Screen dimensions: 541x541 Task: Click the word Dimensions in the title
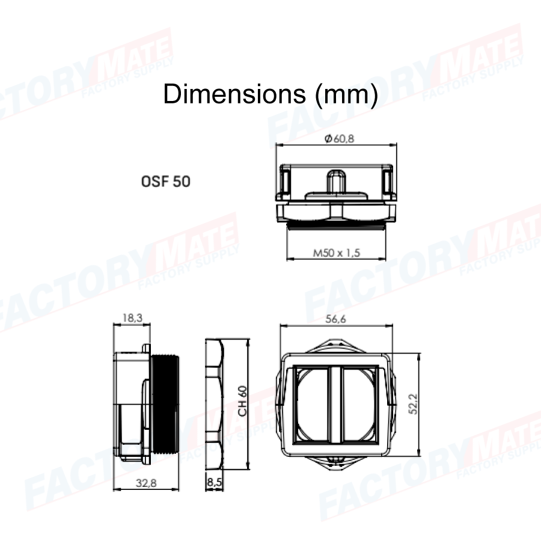point(234,94)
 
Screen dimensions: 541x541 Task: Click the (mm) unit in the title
point(346,95)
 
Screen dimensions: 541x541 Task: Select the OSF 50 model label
point(166,182)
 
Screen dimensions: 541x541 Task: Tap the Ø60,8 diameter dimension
point(339,139)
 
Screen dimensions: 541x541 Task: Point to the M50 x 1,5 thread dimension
point(337,253)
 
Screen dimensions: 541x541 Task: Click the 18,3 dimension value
point(132,318)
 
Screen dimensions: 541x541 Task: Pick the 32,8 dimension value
point(146,483)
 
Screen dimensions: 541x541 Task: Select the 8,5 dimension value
point(214,482)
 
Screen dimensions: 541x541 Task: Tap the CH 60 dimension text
point(243,402)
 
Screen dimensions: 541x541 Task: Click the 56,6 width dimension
point(335,319)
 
